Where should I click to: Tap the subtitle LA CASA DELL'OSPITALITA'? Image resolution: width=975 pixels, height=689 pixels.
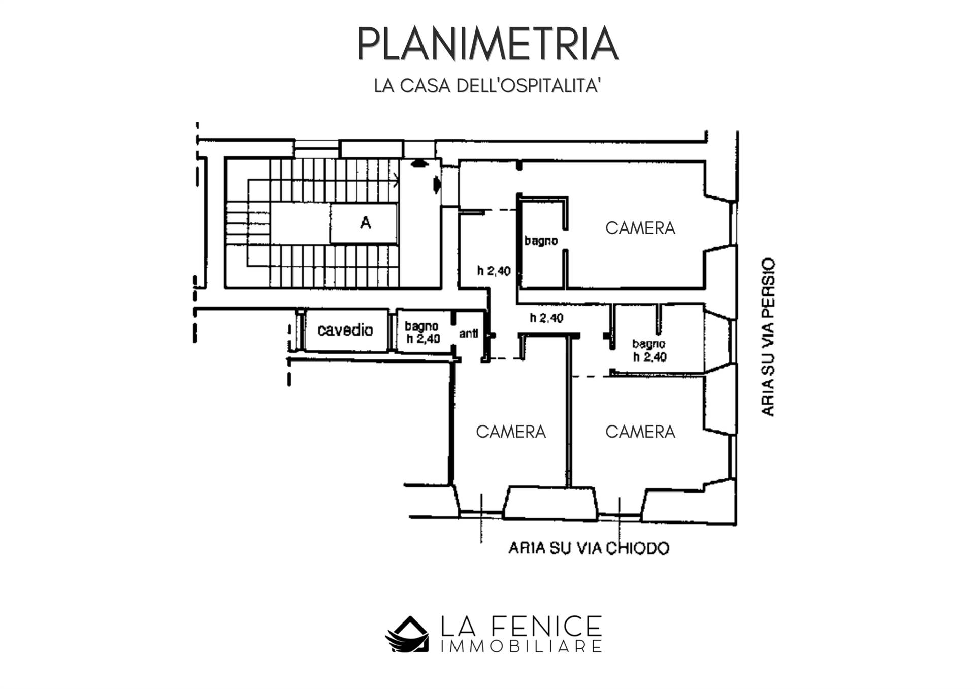[487, 86]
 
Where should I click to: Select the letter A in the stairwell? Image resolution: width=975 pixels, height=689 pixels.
[365, 222]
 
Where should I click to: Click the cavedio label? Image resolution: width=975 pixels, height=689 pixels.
[345, 330]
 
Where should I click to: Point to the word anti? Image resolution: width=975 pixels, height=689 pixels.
[468, 334]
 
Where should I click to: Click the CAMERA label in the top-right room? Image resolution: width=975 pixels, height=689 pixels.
[640, 228]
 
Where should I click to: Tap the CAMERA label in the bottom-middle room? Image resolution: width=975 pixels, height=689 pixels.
[511, 432]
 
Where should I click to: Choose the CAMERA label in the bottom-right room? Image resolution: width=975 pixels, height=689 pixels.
[640, 432]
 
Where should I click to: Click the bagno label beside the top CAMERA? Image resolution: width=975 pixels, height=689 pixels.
[541, 241]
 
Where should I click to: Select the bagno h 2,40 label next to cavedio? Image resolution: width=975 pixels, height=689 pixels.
[422, 333]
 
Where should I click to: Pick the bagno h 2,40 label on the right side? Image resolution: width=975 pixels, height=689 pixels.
[649, 350]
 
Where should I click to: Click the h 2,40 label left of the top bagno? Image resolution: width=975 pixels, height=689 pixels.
[494, 271]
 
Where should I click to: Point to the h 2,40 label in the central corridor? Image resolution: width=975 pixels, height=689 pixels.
[546, 318]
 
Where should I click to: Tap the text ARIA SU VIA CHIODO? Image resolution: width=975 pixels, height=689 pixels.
[589, 548]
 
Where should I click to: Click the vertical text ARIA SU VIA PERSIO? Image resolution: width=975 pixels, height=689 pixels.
[768, 337]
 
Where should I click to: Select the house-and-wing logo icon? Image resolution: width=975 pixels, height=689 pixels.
[407, 634]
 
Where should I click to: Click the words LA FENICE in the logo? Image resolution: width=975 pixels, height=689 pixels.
[521, 626]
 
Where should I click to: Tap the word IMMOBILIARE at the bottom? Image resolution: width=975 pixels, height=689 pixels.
[521, 646]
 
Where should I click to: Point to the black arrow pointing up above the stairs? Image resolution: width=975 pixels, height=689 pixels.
[418, 163]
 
